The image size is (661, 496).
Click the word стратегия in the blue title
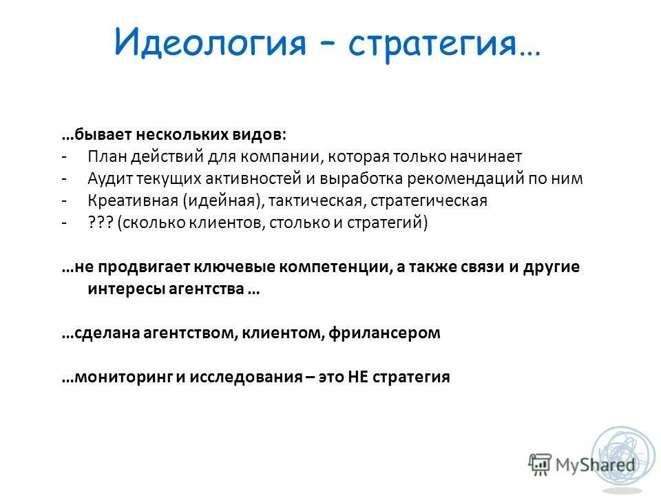coord(433,43)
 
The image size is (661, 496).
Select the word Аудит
coord(107,178)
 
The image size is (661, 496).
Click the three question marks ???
coord(100,224)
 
